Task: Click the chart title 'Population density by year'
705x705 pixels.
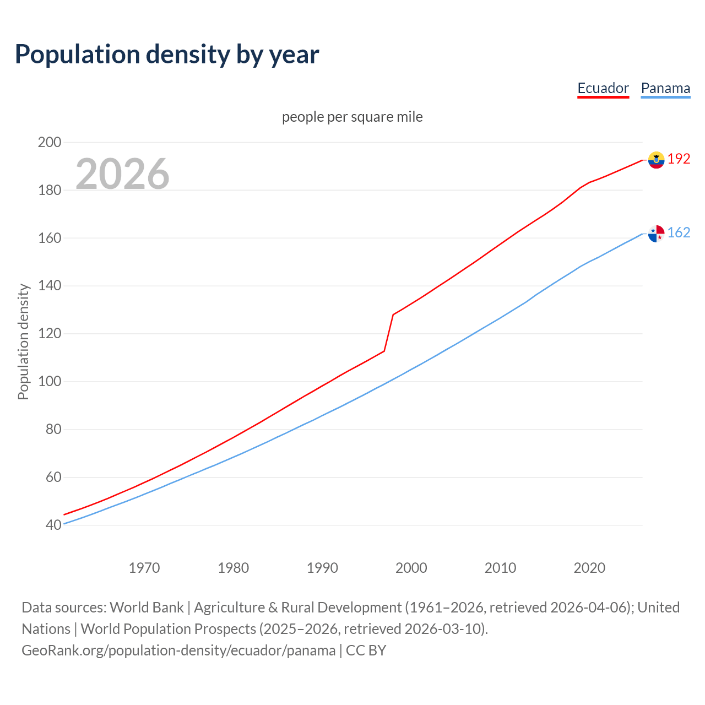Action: [167, 55]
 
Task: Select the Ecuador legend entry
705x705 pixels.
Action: [603, 88]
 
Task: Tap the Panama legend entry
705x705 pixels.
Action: [665, 88]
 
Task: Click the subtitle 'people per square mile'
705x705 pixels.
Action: [352, 117]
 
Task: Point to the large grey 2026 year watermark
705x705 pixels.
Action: [122, 174]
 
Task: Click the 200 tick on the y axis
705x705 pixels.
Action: [49, 142]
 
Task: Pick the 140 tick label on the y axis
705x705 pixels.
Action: [49, 286]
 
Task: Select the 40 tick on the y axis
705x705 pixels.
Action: [53, 525]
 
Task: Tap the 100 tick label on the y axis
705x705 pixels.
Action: [49, 382]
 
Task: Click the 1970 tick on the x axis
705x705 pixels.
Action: [144, 568]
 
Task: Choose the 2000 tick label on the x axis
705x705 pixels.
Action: [411, 568]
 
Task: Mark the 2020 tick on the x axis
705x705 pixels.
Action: [589, 568]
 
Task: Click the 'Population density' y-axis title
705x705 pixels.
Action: [23, 341]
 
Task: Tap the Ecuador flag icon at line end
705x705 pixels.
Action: [656, 160]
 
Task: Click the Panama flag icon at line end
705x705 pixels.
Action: [656, 234]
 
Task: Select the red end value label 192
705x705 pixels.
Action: [679, 159]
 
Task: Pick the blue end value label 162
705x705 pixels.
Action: [679, 233]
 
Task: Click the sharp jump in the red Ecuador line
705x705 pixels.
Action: [389, 333]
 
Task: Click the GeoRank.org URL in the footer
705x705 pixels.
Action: [178, 650]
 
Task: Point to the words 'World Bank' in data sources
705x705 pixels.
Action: [147, 608]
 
